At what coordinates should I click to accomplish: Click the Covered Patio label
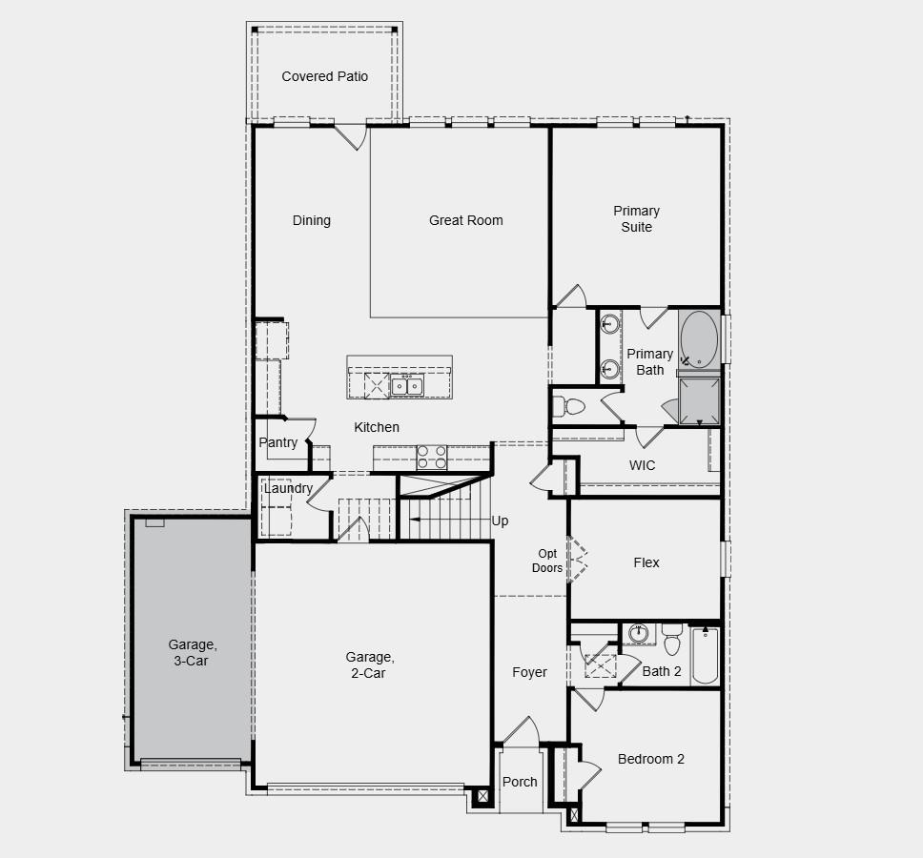click(x=324, y=76)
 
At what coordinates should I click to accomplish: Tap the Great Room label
click(x=465, y=220)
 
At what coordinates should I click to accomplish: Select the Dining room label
click(x=311, y=220)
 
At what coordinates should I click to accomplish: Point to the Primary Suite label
click(x=636, y=218)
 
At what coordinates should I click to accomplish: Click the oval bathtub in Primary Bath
click(x=700, y=337)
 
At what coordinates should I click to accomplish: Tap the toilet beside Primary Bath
click(x=567, y=407)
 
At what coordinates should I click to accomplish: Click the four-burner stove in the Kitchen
click(x=431, y=457)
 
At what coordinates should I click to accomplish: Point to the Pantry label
click(x=277, y=442)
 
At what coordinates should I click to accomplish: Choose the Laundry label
click(x=288, y=488)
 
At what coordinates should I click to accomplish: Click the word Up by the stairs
click(x=500, y=521)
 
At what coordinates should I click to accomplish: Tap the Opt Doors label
click(x=547, y=561)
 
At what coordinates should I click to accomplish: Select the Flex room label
click(x=646, y=562)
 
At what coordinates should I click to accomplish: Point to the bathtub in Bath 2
click(x=705, y=655)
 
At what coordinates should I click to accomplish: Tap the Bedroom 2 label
click(x=650, y=759)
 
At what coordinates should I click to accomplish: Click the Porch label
click(x=520, y=782)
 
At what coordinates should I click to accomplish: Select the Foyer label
click(x=529, y=672)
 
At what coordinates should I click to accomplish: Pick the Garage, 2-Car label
click(x=369, y=664)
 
